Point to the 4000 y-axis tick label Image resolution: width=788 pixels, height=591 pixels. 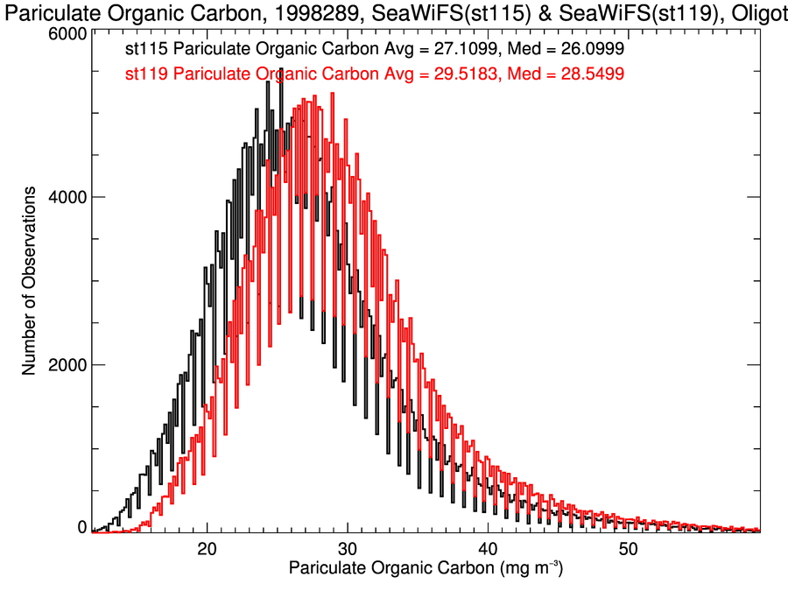coord(67,198)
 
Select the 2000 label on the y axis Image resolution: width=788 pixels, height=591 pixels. coord(67,364)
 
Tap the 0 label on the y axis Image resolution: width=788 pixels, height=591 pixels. coord(81,527)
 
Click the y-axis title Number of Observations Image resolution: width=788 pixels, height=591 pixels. coord(29,280)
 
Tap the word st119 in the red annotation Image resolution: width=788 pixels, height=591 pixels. coord(146,74)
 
